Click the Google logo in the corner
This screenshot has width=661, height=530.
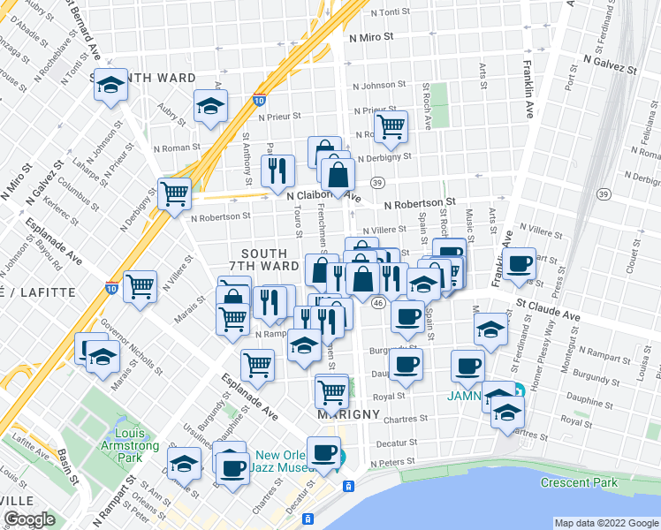coord(31,519)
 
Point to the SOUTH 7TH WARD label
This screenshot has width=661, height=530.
coord(263,259)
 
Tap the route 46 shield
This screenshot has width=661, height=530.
coord(377,303)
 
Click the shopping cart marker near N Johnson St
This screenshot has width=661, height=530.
coord(390,125)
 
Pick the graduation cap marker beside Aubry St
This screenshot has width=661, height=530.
coord(211,106)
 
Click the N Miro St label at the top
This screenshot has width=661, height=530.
coord(375,39)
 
